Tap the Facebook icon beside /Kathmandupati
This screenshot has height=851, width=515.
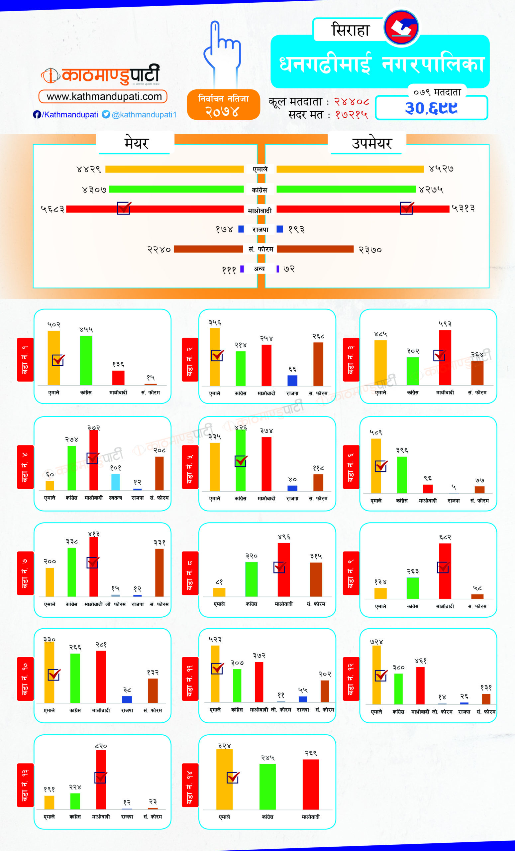(37, 114)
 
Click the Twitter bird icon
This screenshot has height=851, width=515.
(106, 114)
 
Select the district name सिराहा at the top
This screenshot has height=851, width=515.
(350, 30)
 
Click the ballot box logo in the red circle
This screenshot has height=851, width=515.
(401, 27)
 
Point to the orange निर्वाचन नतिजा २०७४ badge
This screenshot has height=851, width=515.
(223, 105)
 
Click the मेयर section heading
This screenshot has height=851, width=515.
(136, 143)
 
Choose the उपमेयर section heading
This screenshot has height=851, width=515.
(371, 143)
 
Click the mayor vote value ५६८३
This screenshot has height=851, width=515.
(52, 209)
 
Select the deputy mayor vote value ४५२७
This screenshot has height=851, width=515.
(441, 169)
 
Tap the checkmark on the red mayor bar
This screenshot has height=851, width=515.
(124, 208)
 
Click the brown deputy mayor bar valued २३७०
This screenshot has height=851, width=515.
(315, 249)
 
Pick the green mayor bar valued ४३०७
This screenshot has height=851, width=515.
(176, 189)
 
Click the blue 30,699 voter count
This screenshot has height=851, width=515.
(431, 108)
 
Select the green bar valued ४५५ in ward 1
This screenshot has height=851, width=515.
(86, 360)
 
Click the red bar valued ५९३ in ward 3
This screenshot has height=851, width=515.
(445, 357)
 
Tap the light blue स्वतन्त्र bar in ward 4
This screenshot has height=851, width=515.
(115, 482)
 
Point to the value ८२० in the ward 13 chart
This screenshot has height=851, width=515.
(101, 746)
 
